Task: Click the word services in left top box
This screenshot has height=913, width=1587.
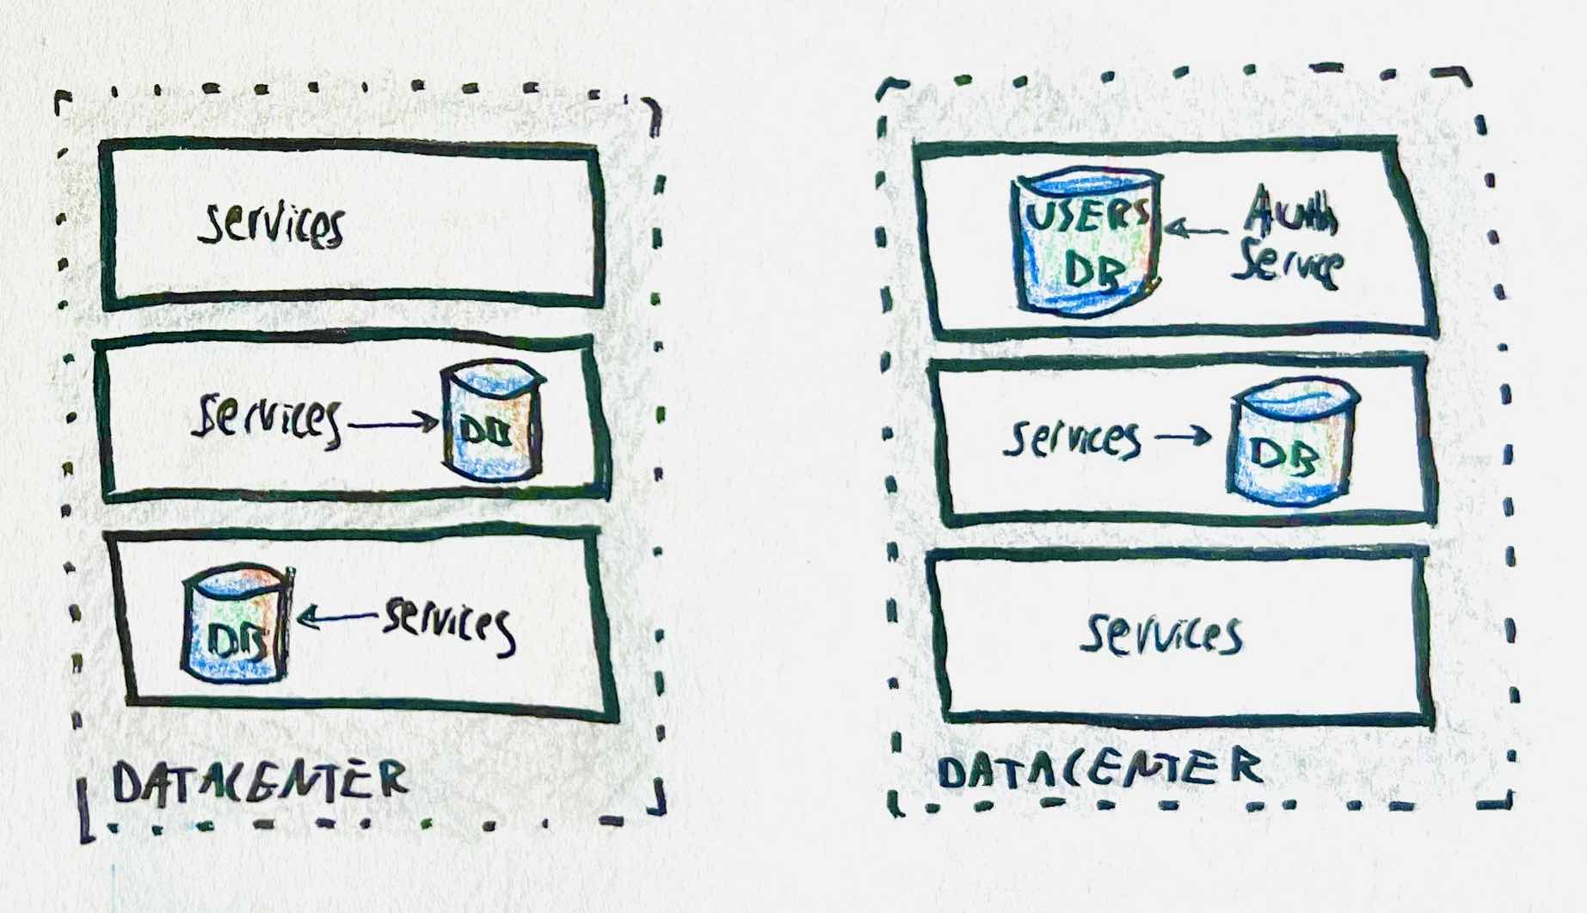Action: point(272,224)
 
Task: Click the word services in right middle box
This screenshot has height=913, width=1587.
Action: point(1072,438)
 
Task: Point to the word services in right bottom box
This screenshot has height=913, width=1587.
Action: point(1162,634)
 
